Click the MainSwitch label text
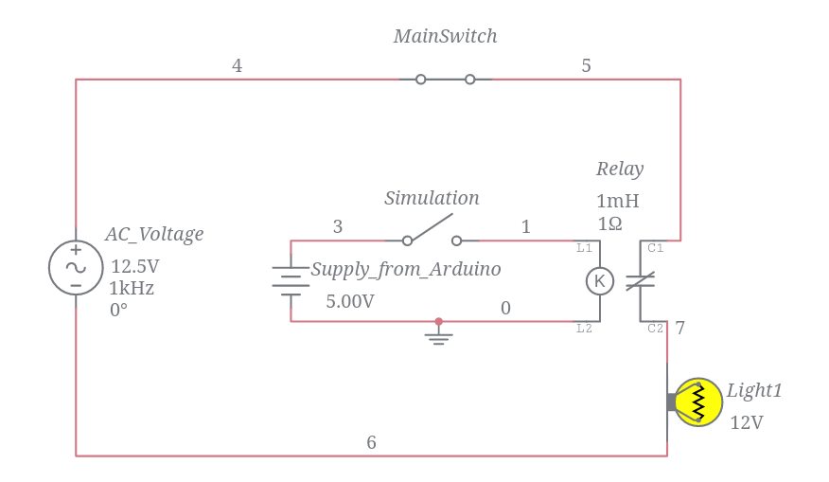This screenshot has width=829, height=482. click(x=445, y=36)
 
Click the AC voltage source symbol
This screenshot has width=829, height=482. click(x=76, y=267)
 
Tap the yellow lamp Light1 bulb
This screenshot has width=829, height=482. click(x=698, y=402)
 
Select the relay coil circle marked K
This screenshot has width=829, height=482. click(x=600, y=280)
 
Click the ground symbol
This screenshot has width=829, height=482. click(x=438, y=334)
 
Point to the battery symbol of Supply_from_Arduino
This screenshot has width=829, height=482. click(x=291, y=280)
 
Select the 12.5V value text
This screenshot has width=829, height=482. click(x=134, y=266)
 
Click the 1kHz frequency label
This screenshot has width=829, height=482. click(x=132, y=288)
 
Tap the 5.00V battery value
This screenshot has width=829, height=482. click(x=349, y=301)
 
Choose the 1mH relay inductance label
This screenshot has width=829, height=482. click(x=617, y=201)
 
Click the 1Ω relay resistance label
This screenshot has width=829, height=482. click(x=609, y=223)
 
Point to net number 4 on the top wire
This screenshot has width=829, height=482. click(x=237, y=65)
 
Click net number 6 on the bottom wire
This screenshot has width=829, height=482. click(x=371, y=442)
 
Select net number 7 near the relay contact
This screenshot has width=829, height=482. click(x=679, y=328)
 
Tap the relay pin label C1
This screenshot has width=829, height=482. click(x=656, y=248)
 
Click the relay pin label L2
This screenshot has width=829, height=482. click(x=584, y=329)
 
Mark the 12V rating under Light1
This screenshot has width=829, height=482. click(x=746, y=422)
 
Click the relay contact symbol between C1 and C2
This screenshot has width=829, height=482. click(x=642, y=281)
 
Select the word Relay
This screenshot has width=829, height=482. click(x=619, y=169)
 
